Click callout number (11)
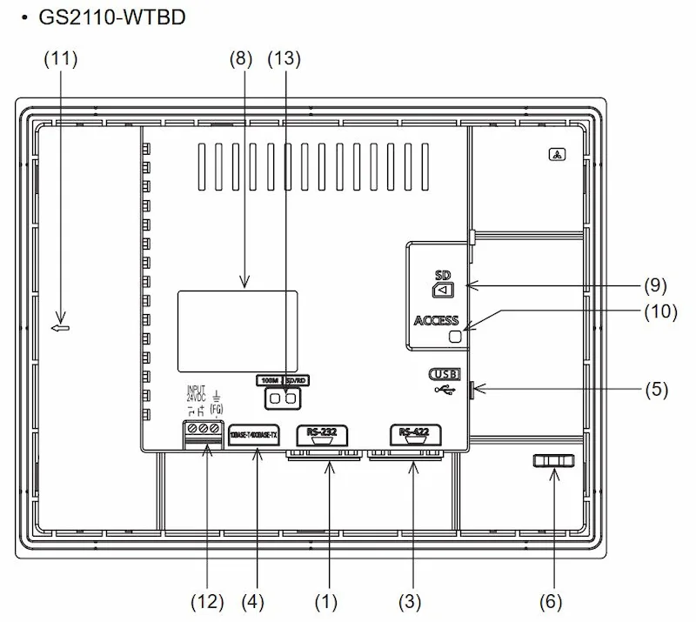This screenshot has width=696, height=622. [x=60, y=59]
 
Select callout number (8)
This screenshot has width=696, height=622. [x=240, y=59]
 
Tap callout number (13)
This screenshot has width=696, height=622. [x=284, y=59]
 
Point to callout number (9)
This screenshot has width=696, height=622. [x=656, y=285]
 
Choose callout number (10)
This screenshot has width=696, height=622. [x=659, y=311]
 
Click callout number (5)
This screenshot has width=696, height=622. [x=656, y=390]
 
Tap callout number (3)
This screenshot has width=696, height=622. [x=410, y=601]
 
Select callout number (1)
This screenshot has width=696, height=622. [x=326, y=601]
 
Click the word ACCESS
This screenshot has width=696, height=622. [x=436, y=321]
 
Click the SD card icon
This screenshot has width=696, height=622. [x=444, y=289]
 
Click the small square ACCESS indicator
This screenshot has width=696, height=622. [x=454, y=337]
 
